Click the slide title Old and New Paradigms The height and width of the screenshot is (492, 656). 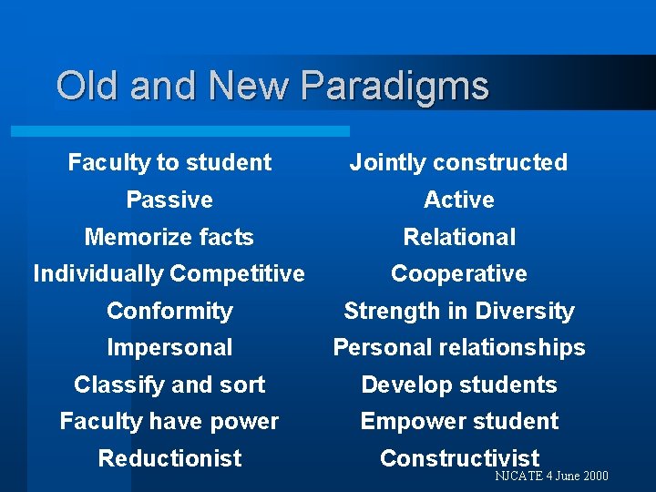(272, 87)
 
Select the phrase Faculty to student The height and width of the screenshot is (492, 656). (169, 163)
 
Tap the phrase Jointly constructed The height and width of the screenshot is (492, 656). (458, 163)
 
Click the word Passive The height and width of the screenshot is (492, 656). (169, 200)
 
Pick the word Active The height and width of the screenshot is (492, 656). (458, 200)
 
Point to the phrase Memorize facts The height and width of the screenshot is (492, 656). (169, 237)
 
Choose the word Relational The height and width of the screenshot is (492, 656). (458, 237)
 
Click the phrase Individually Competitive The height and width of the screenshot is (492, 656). (169, 273)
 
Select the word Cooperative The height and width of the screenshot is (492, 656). (458, 273)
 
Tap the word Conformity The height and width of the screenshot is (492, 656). (169, 311)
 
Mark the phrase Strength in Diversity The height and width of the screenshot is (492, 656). (458, 311)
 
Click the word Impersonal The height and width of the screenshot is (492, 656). (169, 347)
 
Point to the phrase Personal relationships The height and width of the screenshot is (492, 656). (458, 347)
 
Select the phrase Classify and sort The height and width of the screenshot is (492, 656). (169, 384)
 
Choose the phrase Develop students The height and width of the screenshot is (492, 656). (458, 384)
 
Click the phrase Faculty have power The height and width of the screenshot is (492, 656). (169, 421)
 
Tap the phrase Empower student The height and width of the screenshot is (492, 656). (458, 421)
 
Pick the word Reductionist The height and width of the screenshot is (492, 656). (169, 458)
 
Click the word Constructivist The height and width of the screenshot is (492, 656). (458, 458)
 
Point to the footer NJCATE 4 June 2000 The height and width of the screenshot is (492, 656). (551, 477)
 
